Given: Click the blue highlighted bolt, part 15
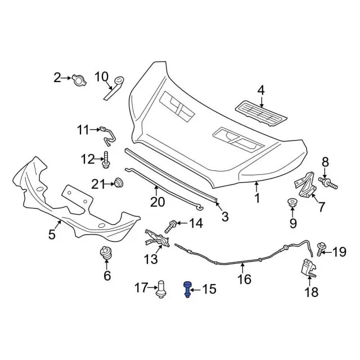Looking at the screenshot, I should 186,290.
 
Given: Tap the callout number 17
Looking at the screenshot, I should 141,289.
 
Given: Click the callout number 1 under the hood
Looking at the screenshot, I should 256,198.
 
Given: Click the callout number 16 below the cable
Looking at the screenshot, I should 244,279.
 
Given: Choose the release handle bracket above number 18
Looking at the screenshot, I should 307,268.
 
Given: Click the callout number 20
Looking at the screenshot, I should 157,202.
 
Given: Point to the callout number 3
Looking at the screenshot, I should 224,217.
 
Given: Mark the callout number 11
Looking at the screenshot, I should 83,131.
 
